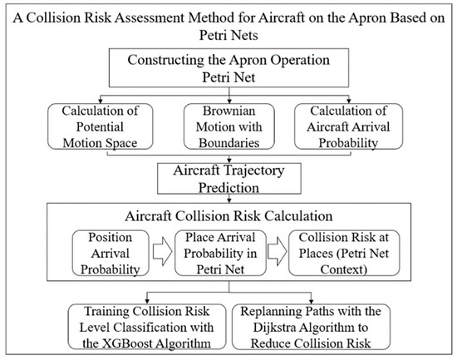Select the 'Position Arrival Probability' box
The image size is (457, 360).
[109, 254]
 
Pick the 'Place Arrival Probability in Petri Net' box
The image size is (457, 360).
[230, 254]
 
